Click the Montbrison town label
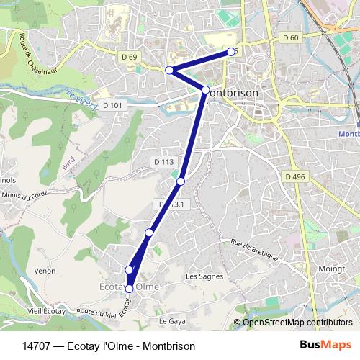pyautogui.click(x=237, y=94)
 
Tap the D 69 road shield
pyautogui.click(x=130, y=56)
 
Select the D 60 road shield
pyautogui.click(x=291, y=37)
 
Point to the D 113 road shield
pyautogui.click(x=163, y=162)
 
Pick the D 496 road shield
pyautogui.click(x=294, y=176)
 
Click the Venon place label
pyautogui.click(x=45, y=271)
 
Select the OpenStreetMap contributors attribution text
pyautogui.click(x=297, y=323)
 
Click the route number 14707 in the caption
pyautogui.click(x=36, y=346)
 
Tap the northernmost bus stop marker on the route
pyautogui.click(x=231, y=51)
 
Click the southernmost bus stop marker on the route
pyautogui.click(x=130, y=289)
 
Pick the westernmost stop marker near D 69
pyautogui.click(x=169, y=70)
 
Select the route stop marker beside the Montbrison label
pyautogui.click(x=205, y=90)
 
